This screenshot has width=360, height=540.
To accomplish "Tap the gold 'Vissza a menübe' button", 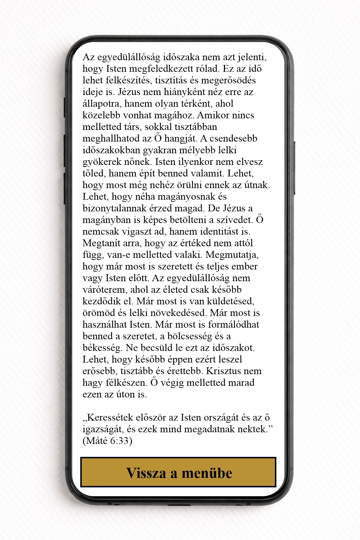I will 178,472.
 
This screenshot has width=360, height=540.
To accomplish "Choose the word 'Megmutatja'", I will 232,255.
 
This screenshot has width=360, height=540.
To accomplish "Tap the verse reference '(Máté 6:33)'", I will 107,441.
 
